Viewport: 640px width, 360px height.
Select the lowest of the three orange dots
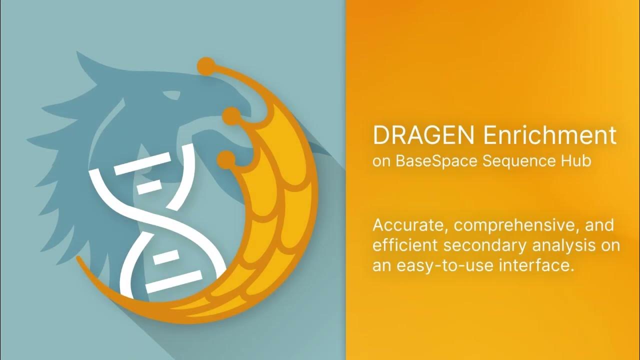(225, 158)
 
